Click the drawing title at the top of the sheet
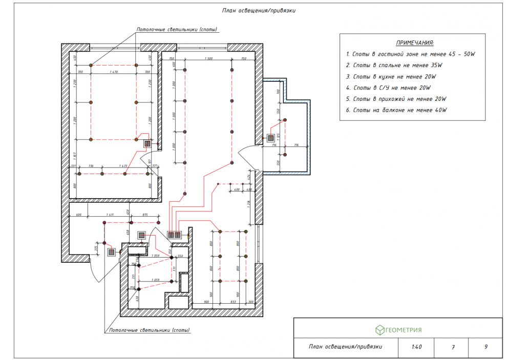click(x=259, y=10)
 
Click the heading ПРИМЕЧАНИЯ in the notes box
click(x=415, y=43)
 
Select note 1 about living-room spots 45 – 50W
click(x=411, y=54)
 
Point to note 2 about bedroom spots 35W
click(x=394, y=65)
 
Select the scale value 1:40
click(x=416, y=347)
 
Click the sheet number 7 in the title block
click(x=453, y=347)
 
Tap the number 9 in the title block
click(x=486, y=347)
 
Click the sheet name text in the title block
click(x=345, y=347)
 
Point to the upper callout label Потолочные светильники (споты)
click(x=177, y=30)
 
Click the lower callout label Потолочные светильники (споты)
click(x=149, y=330)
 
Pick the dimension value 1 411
click(x=110, y=215)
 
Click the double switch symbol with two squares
click(x=175, y=235)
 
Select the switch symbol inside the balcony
click(x=270, y=138)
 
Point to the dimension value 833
click(x=233, y=302)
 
